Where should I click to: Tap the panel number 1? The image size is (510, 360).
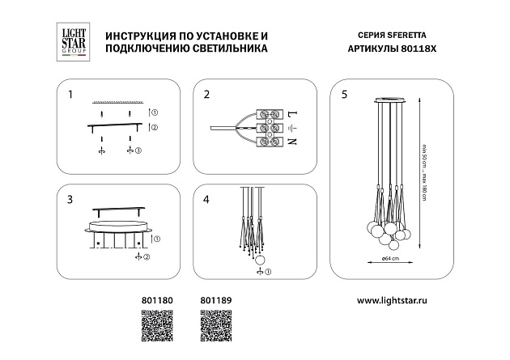[x=70, y=95]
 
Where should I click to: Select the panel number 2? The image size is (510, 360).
[x=206, y=95]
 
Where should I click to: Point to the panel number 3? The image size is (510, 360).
[x=70, y=198]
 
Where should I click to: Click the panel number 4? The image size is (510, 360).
[x=206, y=198]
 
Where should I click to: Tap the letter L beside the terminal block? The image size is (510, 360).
[x=292, y=112]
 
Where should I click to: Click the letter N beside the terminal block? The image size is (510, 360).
[x=292, y=142]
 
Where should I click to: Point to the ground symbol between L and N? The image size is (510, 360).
[x=292, y=128]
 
